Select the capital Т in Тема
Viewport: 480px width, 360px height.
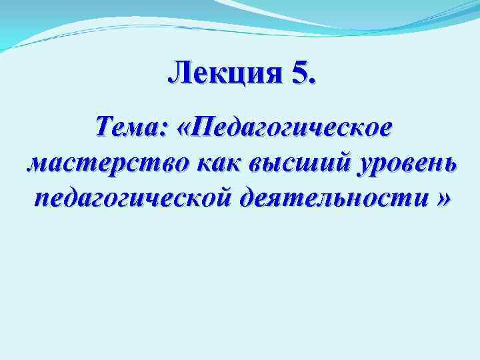pyautogui.click(x=105, y=125)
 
